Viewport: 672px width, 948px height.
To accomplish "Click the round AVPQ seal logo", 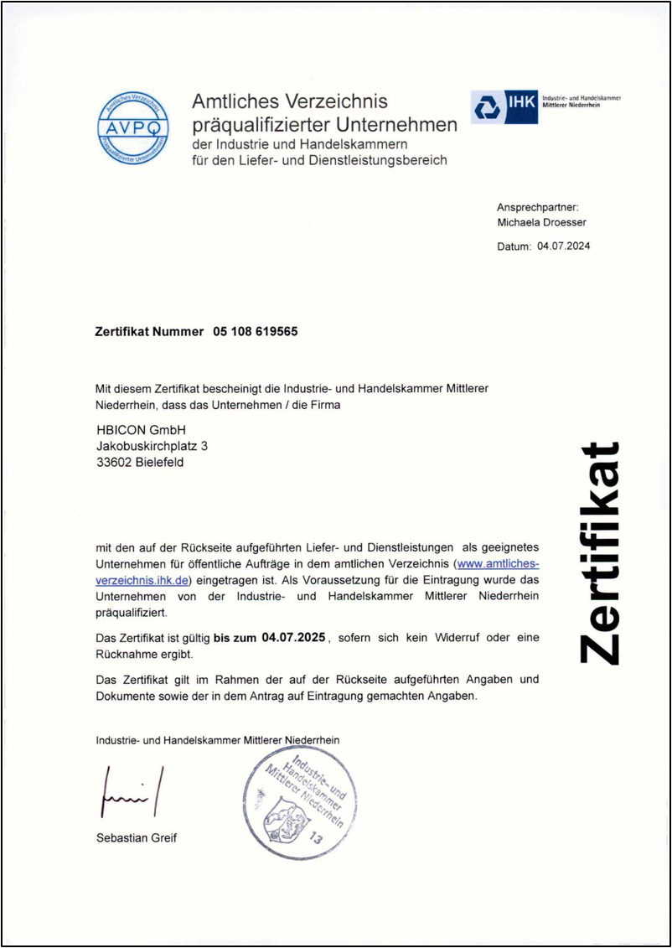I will tap(133, 127).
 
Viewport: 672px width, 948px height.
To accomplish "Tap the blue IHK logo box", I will tap(504, 107).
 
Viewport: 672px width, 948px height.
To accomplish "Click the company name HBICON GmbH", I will tap(140, 430).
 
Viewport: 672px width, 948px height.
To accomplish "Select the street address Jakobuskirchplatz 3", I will tap(152, 446).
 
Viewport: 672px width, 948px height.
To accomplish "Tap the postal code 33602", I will tap(113, 462).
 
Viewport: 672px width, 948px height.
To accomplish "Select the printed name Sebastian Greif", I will tap(137, 837).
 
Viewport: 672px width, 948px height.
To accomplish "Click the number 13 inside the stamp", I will tap(315, 837).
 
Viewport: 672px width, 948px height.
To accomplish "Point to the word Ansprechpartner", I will tap(537, 207).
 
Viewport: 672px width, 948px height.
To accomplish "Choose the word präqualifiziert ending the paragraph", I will tap(132, 613).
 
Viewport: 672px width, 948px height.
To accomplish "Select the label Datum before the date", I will tap(513, 246).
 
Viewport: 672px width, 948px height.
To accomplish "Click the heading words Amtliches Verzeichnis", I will tap(290, 101).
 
